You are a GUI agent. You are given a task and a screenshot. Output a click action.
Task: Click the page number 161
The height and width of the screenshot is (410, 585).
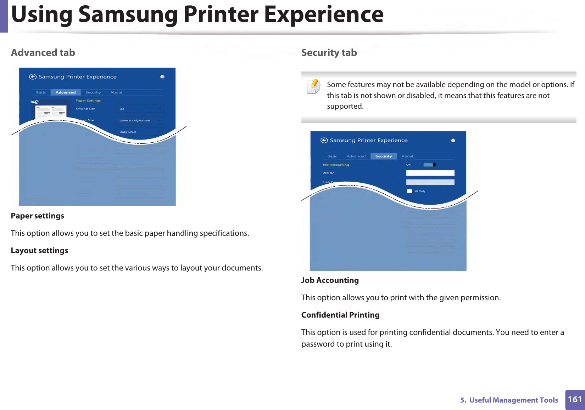575,400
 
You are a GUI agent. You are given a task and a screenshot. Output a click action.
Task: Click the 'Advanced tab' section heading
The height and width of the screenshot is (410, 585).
43,53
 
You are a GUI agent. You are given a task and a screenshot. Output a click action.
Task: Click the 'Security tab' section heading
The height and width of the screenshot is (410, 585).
329,53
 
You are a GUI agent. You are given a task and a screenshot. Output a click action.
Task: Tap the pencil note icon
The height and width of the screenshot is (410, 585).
313,86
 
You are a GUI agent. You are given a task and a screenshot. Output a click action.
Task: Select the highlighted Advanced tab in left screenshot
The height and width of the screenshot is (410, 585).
66,92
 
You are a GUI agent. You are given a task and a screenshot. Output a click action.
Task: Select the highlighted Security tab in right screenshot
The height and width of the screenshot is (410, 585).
383,156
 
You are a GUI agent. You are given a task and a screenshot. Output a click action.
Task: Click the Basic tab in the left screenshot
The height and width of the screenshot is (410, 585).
41,92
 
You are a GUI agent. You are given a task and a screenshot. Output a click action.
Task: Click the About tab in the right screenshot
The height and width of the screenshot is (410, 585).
407,156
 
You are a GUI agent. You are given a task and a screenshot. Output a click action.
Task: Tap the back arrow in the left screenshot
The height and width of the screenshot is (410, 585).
33,77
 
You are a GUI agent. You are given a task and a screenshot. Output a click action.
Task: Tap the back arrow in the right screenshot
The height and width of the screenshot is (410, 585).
324,140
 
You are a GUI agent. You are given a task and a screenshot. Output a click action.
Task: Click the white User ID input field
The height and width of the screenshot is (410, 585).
430,173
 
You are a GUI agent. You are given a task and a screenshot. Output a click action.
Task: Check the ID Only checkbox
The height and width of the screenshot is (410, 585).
409,191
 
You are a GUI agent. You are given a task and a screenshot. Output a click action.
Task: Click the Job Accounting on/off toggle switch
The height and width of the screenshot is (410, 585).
429,165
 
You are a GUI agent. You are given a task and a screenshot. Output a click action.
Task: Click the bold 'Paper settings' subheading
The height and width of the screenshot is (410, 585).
38,216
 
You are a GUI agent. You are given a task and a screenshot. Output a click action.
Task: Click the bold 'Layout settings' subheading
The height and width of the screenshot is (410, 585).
39,251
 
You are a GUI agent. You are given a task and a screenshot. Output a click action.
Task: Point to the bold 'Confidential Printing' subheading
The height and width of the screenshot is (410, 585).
340,315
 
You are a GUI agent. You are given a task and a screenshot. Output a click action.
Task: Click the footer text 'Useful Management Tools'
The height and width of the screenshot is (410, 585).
513,400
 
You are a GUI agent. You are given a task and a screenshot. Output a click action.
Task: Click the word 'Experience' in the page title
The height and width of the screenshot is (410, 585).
324,15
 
